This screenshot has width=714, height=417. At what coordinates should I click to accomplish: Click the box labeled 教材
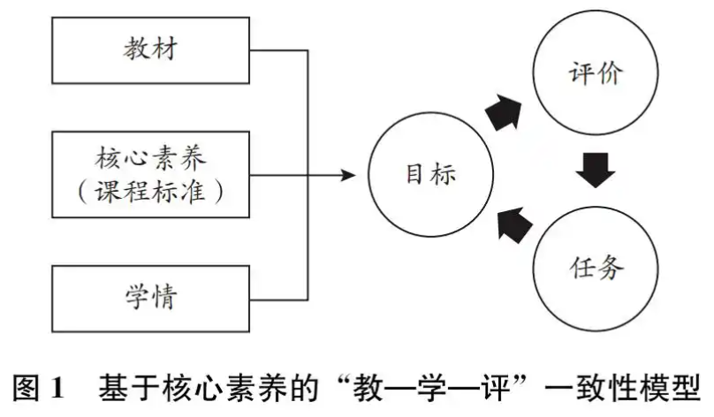[151, 50]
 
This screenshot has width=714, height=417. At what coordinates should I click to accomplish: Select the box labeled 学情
[151, 298]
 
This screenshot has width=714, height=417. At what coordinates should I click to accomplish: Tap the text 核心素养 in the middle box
[151, 160]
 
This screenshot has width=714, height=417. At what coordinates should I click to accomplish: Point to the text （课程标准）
[151, 191]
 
